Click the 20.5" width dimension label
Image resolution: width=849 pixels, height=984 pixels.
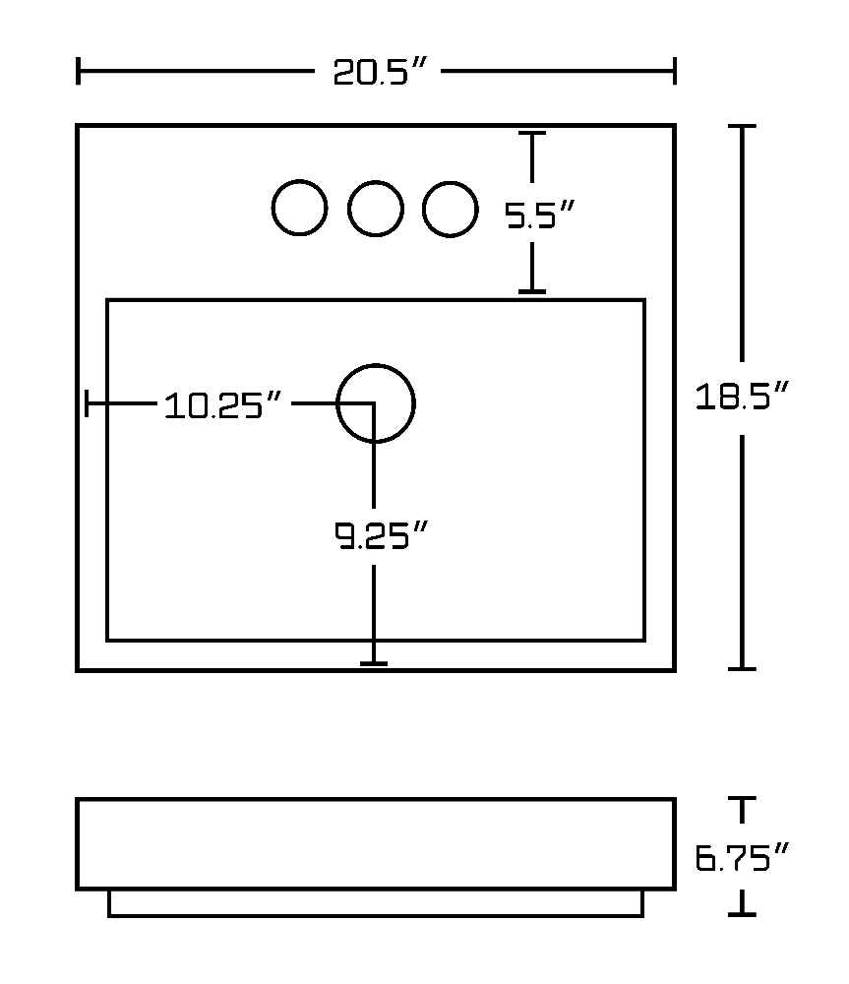380,72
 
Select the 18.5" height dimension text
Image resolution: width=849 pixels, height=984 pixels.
741,396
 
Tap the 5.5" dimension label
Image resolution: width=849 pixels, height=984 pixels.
540,215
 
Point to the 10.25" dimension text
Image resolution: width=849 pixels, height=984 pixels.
222,404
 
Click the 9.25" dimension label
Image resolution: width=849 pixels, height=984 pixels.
381,535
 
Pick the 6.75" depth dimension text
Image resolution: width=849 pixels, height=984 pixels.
741,858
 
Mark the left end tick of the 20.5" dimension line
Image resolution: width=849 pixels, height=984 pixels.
78,70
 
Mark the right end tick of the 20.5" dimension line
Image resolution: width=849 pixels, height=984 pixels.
675,70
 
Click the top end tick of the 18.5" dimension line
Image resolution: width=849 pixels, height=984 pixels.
742,126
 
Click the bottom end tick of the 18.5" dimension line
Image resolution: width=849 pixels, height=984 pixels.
742,669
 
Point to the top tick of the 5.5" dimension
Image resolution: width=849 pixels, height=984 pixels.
532,133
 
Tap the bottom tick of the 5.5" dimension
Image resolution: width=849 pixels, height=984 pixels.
532,291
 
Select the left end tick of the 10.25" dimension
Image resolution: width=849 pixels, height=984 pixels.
87,402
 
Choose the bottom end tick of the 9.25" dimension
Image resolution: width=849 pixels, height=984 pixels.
374,663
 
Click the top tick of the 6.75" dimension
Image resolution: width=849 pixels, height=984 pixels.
742,798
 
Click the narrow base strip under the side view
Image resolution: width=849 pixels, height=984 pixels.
376,916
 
